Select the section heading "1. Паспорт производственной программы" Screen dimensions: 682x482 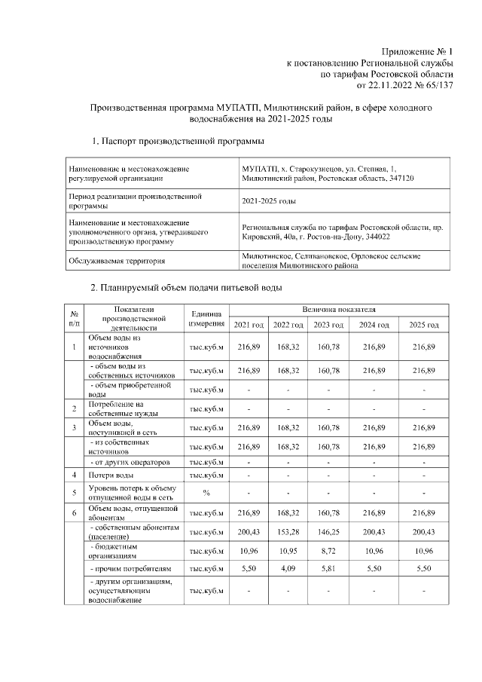point(177,140)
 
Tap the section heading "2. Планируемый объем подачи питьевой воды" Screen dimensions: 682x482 point(187,289)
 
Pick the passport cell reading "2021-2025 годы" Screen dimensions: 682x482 point(269,202)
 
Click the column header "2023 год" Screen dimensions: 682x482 point(328,324)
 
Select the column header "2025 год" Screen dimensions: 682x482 point(423,324)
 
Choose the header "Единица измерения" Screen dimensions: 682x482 point(206,318)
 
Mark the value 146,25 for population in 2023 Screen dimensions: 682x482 point(328,533)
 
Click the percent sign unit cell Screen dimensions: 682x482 point(206,492)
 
